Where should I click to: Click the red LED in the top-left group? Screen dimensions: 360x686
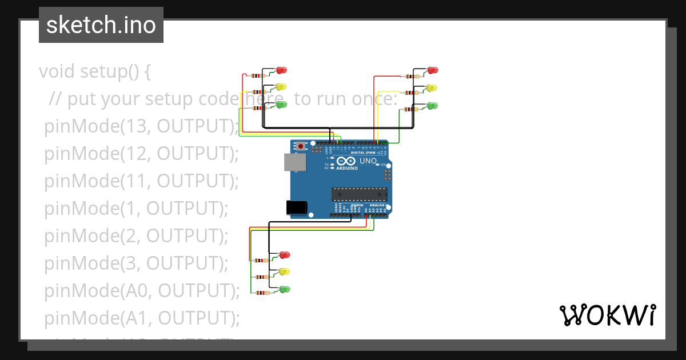coord(281,70)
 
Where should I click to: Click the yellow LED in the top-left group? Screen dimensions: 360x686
coord(281,87)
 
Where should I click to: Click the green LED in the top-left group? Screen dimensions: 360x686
coord(281,104)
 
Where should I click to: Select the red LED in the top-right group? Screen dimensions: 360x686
coord(433,70)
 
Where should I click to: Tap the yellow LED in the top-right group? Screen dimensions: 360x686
coord(432,87)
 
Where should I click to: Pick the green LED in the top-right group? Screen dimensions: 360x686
coord(433,105)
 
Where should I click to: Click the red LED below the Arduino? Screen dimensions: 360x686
coord(285,254)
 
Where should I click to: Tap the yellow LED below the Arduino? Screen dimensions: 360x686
coord(284,271)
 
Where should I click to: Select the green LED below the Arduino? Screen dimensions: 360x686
coord(285,289)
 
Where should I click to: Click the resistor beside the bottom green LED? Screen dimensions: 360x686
coord(264,293)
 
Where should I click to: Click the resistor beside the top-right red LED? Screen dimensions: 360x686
coord(412,76)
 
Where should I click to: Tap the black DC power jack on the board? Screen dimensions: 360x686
coord(295,207)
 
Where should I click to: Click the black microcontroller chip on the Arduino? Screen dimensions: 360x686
coord(360,194)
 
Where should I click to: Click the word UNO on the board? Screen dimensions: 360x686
coord(368,161)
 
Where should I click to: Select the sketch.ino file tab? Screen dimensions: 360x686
coord(101,25)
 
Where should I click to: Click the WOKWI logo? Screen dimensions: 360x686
coord(607,315)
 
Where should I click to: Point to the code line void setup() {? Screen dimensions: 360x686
coord(95,71)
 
